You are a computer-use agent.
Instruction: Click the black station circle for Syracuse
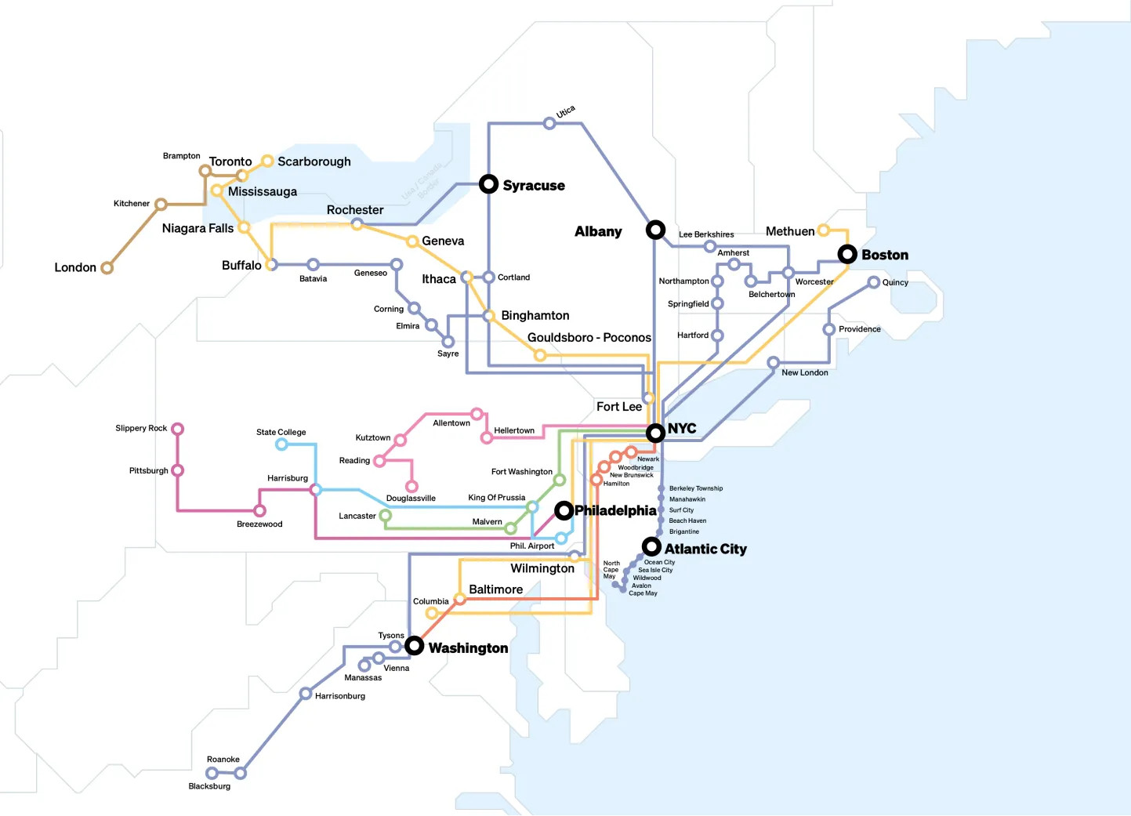tap(488, 183)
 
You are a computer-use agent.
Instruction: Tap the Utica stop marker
tap(549, 123)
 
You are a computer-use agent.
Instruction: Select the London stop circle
tap(107, 267)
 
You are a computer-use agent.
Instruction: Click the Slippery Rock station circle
tap(177, 429)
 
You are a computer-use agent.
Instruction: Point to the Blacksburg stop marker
tap(212, 773)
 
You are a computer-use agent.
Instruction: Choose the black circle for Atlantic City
tap(651, 546)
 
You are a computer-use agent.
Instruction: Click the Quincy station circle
tap(873, 282)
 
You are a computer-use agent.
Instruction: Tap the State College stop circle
tap(281, 444)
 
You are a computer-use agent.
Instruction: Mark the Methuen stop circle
tap(823, 230)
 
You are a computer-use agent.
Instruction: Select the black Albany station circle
tap(655, 230)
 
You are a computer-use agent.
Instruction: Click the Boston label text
tap(885, 255)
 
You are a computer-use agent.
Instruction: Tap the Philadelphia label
tap(615, 510)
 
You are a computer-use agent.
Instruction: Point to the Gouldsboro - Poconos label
tap(589, 337)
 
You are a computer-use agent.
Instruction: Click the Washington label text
tap(468, 647)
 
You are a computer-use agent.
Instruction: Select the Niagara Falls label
tap(198, 228)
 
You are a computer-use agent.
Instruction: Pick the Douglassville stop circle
tap(411, 487)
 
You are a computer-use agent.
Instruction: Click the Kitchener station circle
tap(161, 205)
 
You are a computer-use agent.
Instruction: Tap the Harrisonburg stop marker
tap(306, 693)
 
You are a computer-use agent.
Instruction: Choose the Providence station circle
tap(828, 330)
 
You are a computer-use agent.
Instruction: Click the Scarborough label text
tap(314, 161)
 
